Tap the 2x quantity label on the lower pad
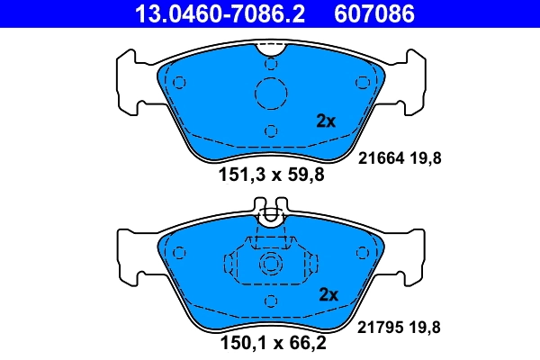[328, 295]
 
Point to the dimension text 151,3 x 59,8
[270, 175]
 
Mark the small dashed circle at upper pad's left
[178, 84]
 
